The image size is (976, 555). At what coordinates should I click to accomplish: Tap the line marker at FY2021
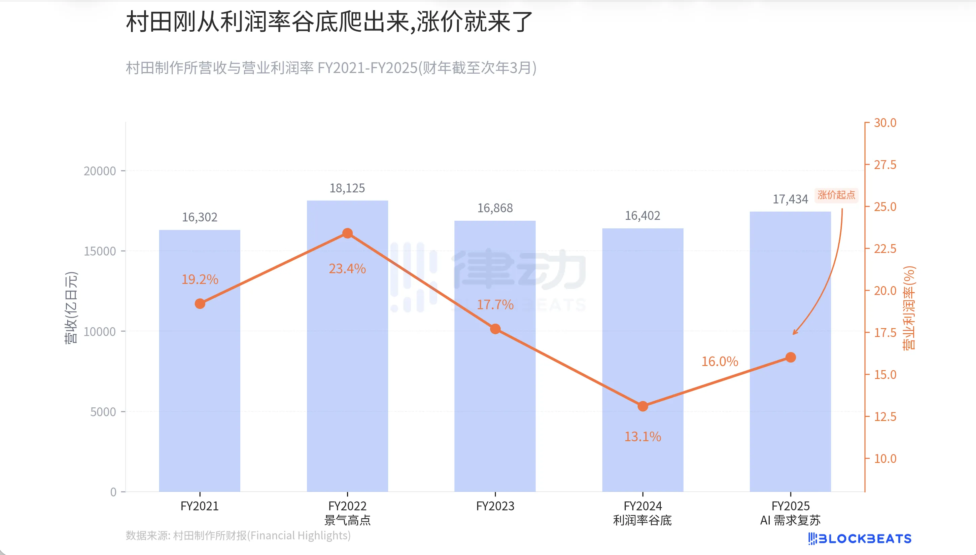click(200, 304)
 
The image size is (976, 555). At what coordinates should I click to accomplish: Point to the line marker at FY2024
click(643, 406)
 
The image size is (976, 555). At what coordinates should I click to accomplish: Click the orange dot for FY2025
click(791, 358)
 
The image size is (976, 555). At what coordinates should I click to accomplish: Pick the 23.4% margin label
click(347, 269)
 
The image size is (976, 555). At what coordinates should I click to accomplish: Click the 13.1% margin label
click(643, 437)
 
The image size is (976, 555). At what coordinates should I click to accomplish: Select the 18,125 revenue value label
click(347, 188)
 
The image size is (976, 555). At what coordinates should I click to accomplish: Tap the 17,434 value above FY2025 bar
click(790, 199)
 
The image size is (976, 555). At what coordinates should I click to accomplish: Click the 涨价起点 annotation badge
click(836, 195)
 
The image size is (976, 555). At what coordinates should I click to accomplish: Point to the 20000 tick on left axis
click(100, 171)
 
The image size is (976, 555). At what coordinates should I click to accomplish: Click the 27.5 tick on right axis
click(885, 165)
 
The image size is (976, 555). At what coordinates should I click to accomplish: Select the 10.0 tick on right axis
click(885, 458)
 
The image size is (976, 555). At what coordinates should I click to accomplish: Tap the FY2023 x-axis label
click(495, 506)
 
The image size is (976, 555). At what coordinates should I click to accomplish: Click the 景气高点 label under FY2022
click(347, 520)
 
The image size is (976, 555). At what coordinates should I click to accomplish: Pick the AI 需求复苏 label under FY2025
click(790, 520)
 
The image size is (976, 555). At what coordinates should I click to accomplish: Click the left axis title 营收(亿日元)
click(71, 308)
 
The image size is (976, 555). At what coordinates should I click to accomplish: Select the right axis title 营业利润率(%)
click(909, 308)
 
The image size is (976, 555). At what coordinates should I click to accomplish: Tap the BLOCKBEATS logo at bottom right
click(860, 539)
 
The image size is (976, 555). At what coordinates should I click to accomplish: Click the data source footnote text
click(238, 535)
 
